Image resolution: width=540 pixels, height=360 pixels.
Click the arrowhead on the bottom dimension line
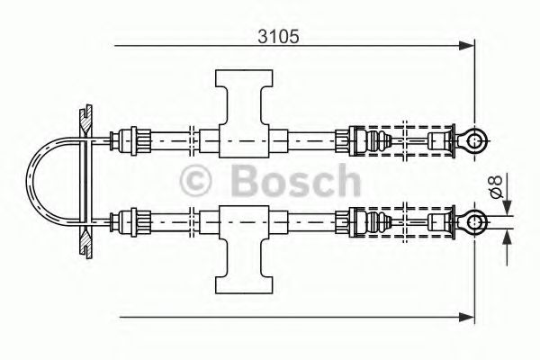(466, 316)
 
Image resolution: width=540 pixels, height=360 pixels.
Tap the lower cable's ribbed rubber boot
(377, 220)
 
